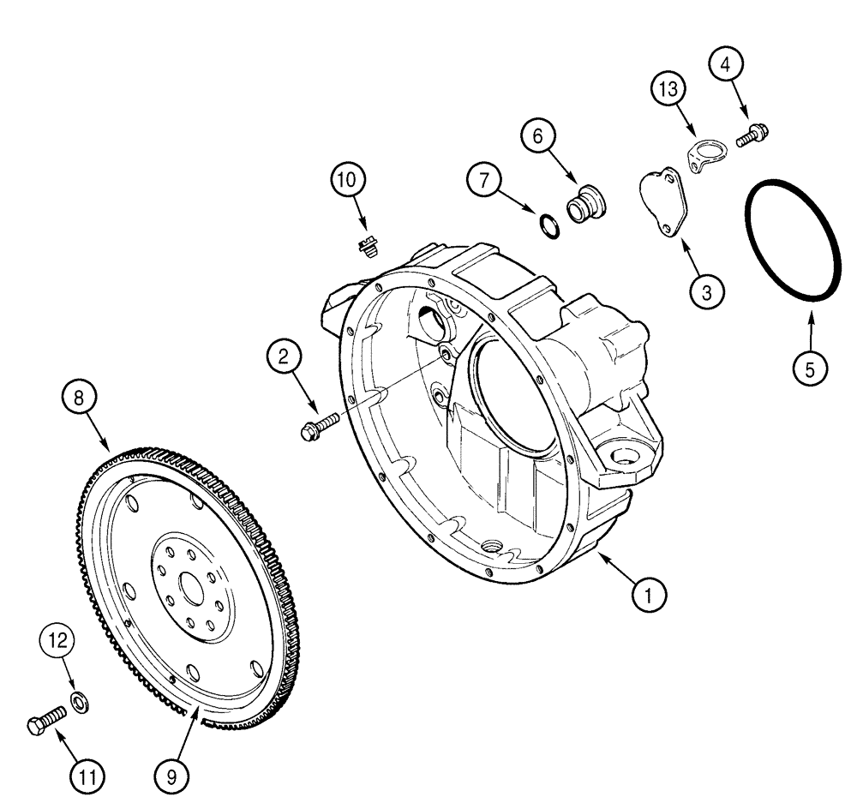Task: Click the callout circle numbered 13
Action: pos(668,88)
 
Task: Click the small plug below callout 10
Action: pos(369,247)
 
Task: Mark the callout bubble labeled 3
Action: pos(705,291)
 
